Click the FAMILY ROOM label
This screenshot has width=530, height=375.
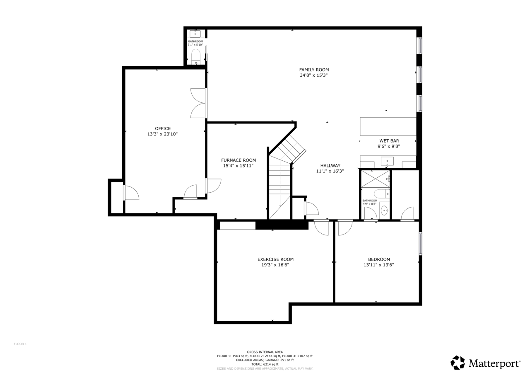(314, 70)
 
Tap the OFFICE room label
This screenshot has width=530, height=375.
(163, 128)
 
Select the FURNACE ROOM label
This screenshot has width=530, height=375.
(238, 160)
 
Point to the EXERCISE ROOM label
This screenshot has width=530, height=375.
(275, 259)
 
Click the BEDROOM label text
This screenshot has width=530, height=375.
(379, 259)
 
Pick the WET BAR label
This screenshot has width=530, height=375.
(389, 141)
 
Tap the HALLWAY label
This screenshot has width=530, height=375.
(330, 166)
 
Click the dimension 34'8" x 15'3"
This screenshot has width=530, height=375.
(314, 75)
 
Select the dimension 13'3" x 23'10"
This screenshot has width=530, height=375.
(163, 134)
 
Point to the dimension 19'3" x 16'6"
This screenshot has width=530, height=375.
(275, 265)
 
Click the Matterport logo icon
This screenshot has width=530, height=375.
(458, 363)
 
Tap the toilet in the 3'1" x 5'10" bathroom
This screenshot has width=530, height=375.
(196, 56)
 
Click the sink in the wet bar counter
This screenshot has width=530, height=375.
(387, 161)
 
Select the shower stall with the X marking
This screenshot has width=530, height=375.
(376, 179)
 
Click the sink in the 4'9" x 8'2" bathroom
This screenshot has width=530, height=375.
(385, 210)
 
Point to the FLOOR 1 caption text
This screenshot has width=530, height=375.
(20, 344)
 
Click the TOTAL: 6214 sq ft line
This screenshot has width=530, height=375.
(265, 364)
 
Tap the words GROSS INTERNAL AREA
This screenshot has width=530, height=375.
(265, 352)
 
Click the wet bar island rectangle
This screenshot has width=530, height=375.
(388, 126)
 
